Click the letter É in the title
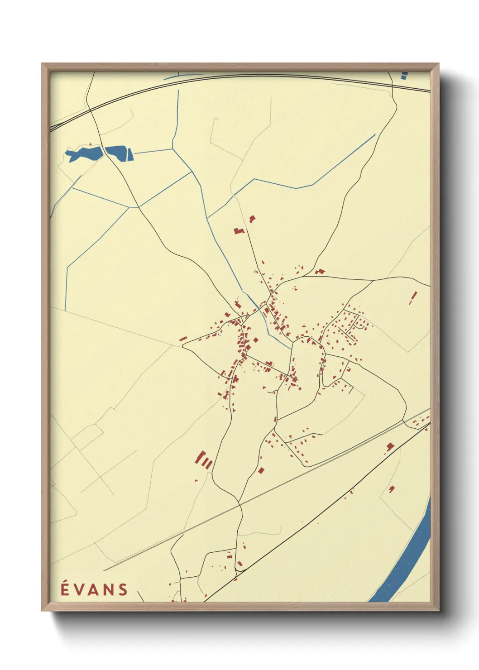tap(64, 589)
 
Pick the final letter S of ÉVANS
tap(123, 589)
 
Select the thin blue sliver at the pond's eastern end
tap(132, 155)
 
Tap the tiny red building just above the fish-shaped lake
tap(91, 144)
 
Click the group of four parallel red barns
tap(204, 460)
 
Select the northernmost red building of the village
tap(252, 219)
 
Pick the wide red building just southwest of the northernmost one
tap(239, 231)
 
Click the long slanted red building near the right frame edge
tap(413, 297)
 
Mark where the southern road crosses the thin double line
tap(239, 502)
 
